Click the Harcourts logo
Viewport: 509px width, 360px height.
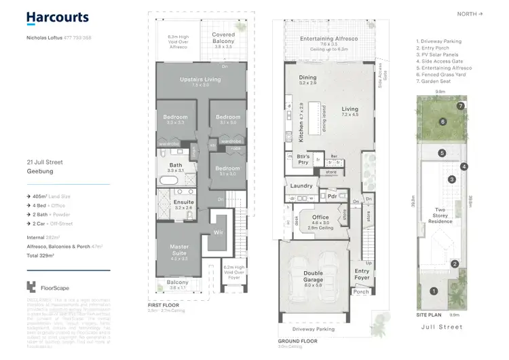click(x=57, y=18)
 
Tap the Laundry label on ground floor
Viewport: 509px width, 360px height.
click(x=300, y=185)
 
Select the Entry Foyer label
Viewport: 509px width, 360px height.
click(x=362, y=274)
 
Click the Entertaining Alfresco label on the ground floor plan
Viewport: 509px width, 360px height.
click(x=328, y=41)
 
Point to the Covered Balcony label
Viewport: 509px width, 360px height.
click(x=223, y=37)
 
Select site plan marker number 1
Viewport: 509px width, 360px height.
click(x=434, y=291)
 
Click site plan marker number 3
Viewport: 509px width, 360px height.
click(x=451, y=179)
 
